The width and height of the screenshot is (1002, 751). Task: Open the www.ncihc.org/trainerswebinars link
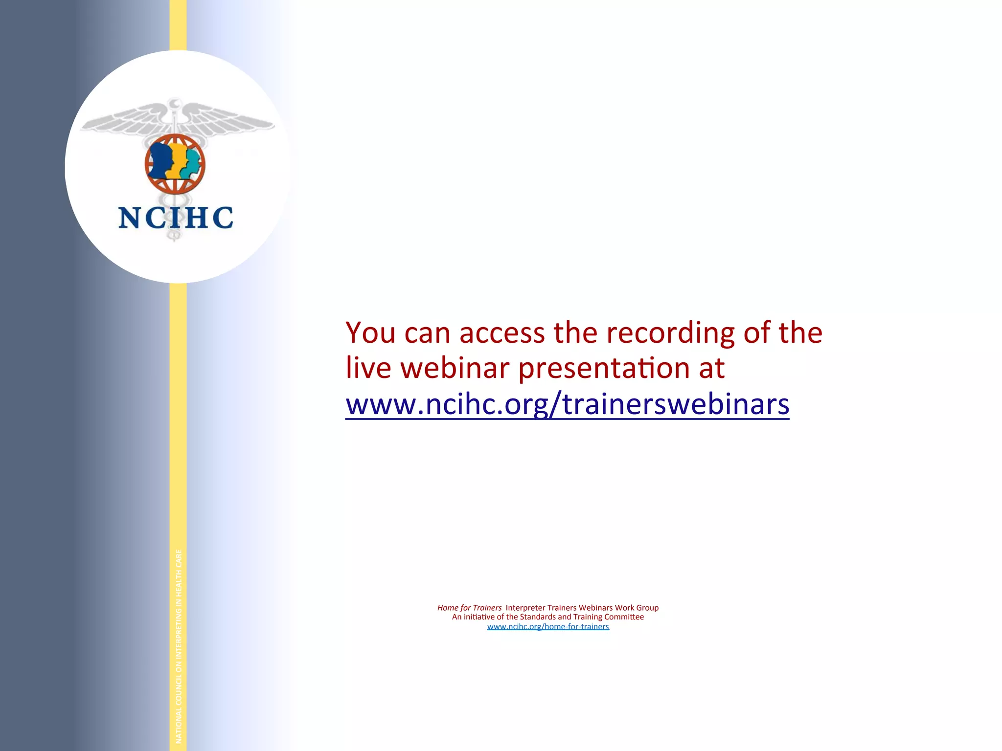[x=567, y=405]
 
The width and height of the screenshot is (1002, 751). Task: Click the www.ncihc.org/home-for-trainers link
[x=548, y=627]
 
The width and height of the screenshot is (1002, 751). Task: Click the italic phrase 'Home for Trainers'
[x=469, y=608]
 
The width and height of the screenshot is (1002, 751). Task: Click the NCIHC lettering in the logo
[x=176, y=218]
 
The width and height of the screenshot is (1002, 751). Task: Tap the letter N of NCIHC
[x=130, y=218]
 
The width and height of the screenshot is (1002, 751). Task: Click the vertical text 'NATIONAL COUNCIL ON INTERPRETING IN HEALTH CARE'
[x=179, y=645]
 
